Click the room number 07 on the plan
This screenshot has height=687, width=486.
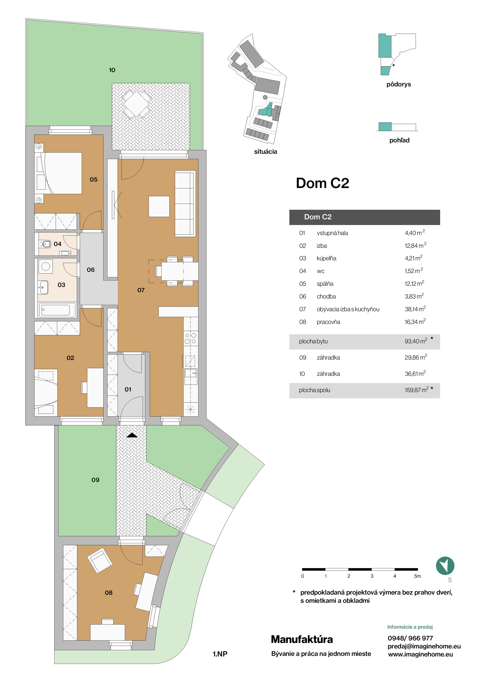coord(141,290)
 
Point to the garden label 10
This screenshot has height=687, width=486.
coord(112,70)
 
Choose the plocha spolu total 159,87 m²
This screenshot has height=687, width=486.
coord(416,390)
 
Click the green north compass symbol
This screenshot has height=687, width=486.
coord(445,566)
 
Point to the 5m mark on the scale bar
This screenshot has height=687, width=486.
coord(417,576)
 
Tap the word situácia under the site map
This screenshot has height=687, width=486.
coord(265,152)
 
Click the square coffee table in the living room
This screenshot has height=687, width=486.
coord(159,206)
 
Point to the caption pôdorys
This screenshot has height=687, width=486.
coord(399,84)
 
